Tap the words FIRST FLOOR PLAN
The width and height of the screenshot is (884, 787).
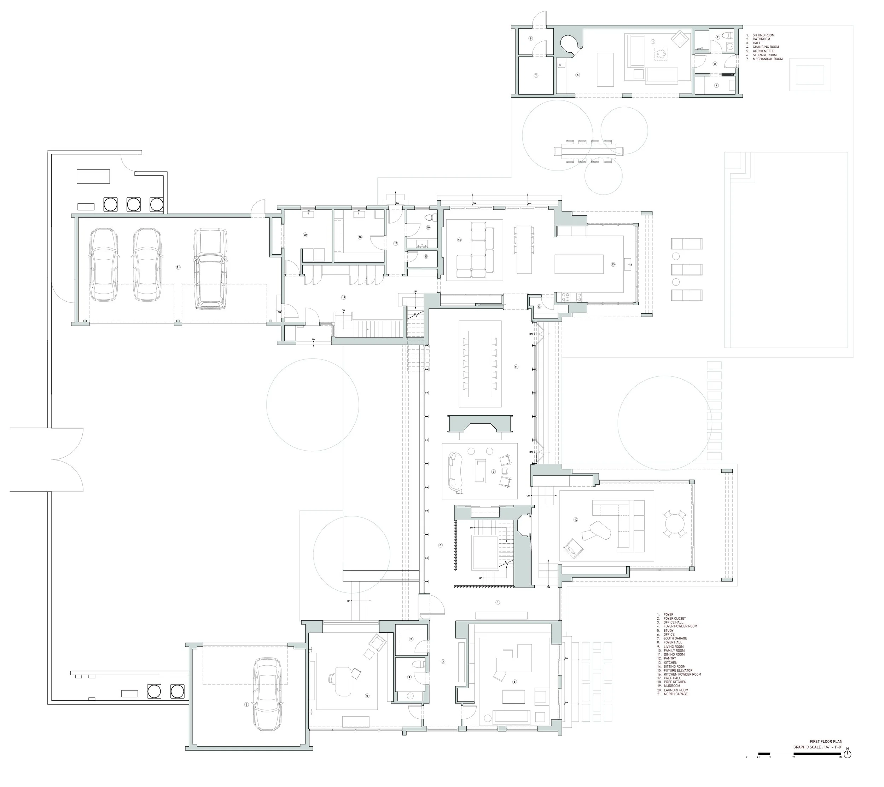[x=826, y=741]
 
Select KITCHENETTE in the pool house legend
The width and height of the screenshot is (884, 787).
[x=763, y=51]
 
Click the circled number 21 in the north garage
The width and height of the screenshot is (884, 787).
[x=178, y=267]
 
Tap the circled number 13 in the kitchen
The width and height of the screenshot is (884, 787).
[x=613, y=264]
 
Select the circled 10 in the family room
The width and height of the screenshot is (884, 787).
[x=576, y=519]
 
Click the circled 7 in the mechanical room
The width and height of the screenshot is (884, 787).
[x=536, y=75]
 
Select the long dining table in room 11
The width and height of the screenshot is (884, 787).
[x=480, y=363]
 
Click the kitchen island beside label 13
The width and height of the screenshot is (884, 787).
[x=579, y=264]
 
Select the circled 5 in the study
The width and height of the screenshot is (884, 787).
[x=514, y=682]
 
